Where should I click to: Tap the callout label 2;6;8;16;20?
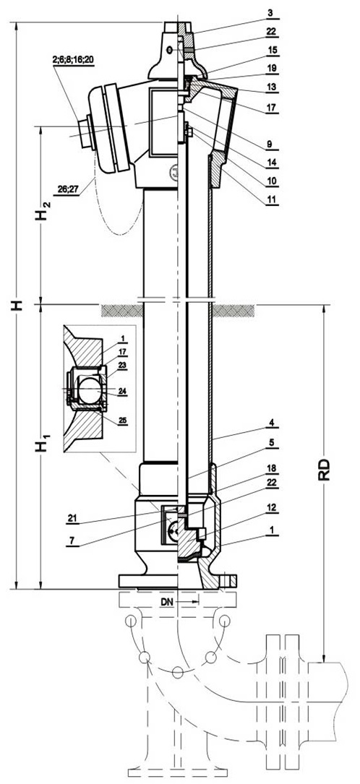click(x=73, y=60)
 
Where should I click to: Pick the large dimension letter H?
click(x=18, y=305)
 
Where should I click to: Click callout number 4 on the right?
click(x=270, y=423)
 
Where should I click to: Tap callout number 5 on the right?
click(x=270, y=443)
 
